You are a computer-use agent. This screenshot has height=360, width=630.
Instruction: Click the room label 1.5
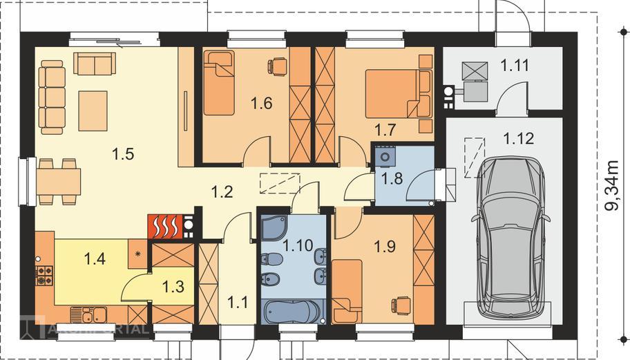(123, 154)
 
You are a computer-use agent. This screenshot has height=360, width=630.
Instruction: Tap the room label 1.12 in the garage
(519, 138)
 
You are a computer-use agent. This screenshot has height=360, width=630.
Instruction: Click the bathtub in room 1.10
(292, 312)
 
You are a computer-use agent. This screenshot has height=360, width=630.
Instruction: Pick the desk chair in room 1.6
(277, 66)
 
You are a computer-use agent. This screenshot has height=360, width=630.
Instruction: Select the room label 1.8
(392, 178)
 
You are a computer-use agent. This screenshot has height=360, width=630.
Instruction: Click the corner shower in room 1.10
(274, 227)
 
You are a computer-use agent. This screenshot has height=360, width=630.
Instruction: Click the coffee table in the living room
(93, 111)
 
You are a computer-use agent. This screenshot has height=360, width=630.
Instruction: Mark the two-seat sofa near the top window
(95, 64)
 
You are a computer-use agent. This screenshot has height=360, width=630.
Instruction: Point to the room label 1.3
(173, 287)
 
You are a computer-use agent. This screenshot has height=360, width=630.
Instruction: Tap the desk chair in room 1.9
(401, 305)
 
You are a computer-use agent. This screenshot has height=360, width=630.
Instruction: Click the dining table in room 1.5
(59, 182)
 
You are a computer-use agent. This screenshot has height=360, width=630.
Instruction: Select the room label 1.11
(515, 65)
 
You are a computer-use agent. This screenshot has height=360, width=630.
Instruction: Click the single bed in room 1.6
(219, 83)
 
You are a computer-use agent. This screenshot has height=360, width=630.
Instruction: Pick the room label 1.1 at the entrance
(238, 302)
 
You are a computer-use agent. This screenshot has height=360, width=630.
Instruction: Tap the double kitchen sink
(89, 315)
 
